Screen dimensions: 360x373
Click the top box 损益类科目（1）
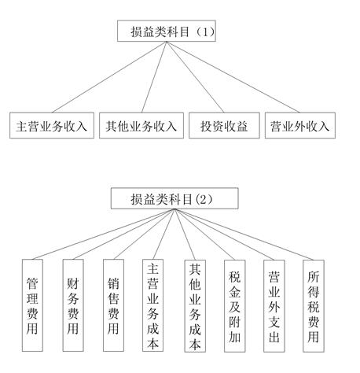coord(167,31)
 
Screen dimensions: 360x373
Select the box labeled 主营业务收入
coord(52,125)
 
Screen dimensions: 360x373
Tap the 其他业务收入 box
coord(141,125)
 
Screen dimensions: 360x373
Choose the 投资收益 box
coord(224,125)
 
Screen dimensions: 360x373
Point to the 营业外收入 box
coord(300,125)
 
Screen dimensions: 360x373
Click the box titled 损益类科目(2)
coord(174,198)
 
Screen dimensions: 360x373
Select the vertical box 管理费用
coord(32,305)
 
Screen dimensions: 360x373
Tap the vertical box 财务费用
coord(73,305)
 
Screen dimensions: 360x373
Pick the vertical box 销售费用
coord(113,305)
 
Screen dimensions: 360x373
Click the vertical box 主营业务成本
coord(152,305)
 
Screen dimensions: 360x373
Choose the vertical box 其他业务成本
coord(195,306)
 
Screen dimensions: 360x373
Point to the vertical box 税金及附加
coord(235,306)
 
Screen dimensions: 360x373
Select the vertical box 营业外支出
coord(274,306)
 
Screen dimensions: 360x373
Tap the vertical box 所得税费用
coord(314,306)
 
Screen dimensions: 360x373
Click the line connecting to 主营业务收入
coord(109,77)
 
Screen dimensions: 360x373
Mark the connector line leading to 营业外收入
coord(233,77)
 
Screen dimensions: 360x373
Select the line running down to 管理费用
coord(104,235)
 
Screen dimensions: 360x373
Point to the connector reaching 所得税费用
coord(244,235)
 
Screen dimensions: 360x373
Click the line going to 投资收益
coord(195,77)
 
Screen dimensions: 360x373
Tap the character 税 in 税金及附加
coord(235,277)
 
